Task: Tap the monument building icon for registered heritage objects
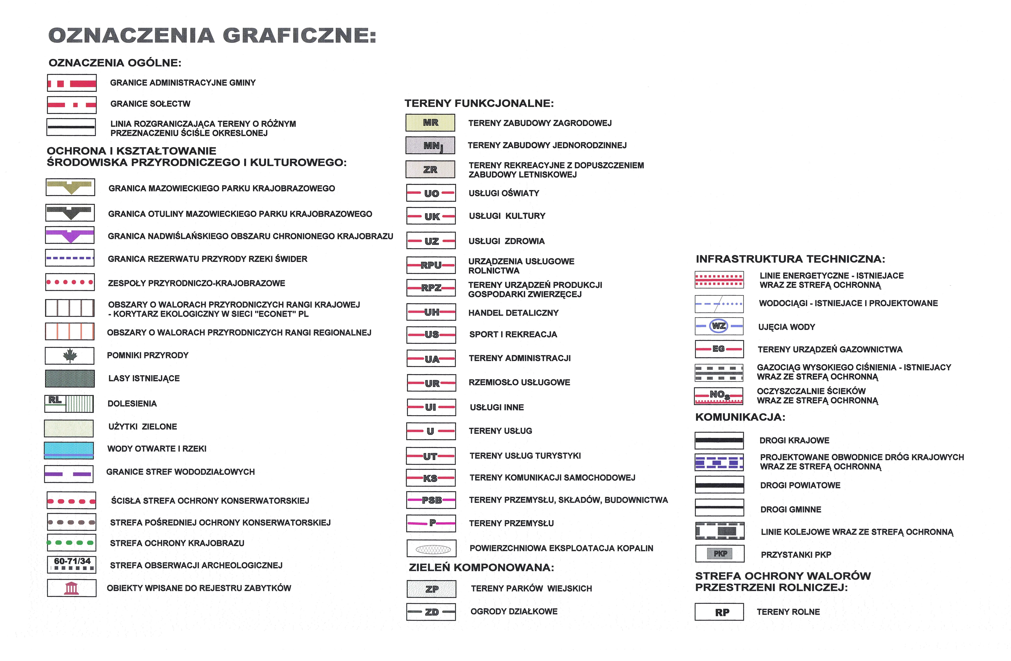(71, 588)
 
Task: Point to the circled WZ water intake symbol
(719, 326)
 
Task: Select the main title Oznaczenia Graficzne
(212, 35)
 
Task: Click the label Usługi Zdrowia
(506, 241)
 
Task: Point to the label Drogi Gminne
(791, 509)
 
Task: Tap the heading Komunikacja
(740, 417)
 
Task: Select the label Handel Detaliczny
(513, 313)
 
